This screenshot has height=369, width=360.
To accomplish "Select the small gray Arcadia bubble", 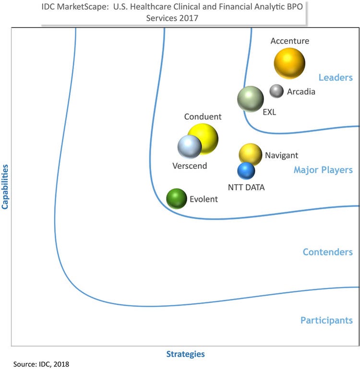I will click(x=276, y=91).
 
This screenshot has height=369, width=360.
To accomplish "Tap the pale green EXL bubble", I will click(x=251, y=99).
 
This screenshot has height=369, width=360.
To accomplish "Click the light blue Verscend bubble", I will click(x=189, y=147).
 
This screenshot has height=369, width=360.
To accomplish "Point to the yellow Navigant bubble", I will click(x=250, y=154).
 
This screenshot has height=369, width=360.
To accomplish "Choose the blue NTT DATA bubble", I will click(x=246, y=170).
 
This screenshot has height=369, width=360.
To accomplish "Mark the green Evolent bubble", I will click(x=176, y=198).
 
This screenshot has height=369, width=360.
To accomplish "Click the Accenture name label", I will click(x=289, y=41).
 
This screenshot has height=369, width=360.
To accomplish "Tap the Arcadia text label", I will click(x=301, y=91).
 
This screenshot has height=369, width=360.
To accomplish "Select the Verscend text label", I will click(x=190, y=166).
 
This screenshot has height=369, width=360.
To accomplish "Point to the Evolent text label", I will click(x=204, y=199).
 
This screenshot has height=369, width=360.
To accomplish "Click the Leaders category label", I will click(x=336, y=78).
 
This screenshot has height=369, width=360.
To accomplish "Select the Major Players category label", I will click(x=323, y=170).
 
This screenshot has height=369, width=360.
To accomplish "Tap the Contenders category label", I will click(x=327, y=252).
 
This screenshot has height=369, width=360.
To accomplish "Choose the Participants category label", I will click(x=326, y=320).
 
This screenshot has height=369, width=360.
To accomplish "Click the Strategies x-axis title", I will click(x=185, y=354).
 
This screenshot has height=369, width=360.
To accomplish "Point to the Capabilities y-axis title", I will click(x=6, y=187).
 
